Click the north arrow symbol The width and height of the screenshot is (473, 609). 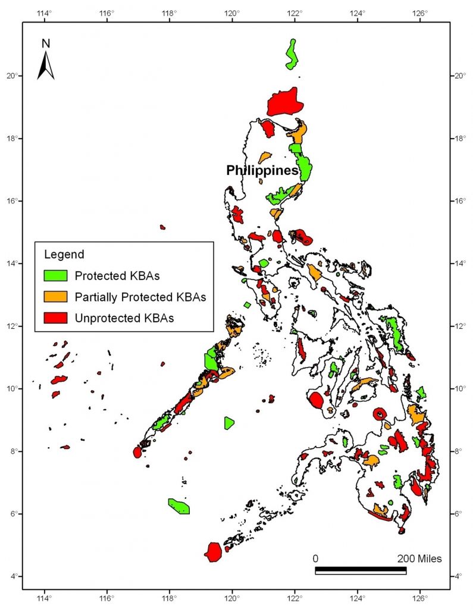(x=46, y=65)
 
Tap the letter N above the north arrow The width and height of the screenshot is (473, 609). (x=46, y=43)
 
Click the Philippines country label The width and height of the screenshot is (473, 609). (x=262, y=171)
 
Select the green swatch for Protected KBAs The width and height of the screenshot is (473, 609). (x=57, y=275)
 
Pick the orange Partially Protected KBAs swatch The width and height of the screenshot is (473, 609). (x=57, y=296)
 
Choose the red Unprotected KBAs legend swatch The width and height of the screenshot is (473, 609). (x=57, y=318)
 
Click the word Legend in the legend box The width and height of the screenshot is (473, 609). (x=64, y=255)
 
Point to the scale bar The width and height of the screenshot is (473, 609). (x=360, y=571)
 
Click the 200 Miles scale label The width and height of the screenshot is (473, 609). (x=419, y=559)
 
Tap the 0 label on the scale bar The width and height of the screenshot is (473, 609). (x=316, y=559)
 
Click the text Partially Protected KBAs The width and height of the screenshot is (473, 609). (x=140, y=296)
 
